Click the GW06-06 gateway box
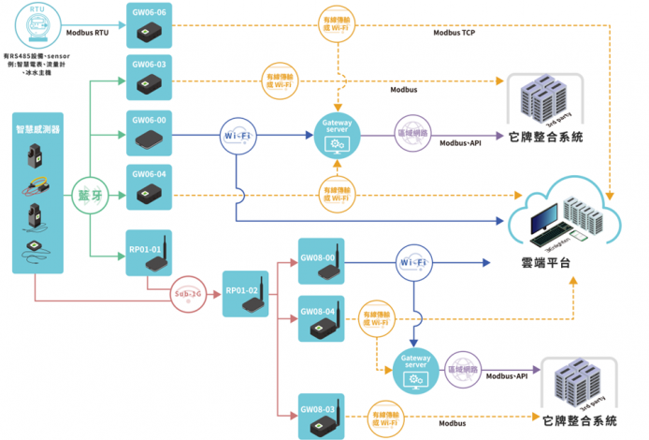(149, 25)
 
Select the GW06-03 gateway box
(149, 78)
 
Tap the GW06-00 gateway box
(149, 133)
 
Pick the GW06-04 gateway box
(149, 186)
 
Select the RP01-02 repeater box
(245, 295)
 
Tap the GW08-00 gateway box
(321, 262)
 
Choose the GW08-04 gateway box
(321, 318)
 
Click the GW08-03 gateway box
(321, 417)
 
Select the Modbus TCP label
(454, 32)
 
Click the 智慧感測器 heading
(37, 129)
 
